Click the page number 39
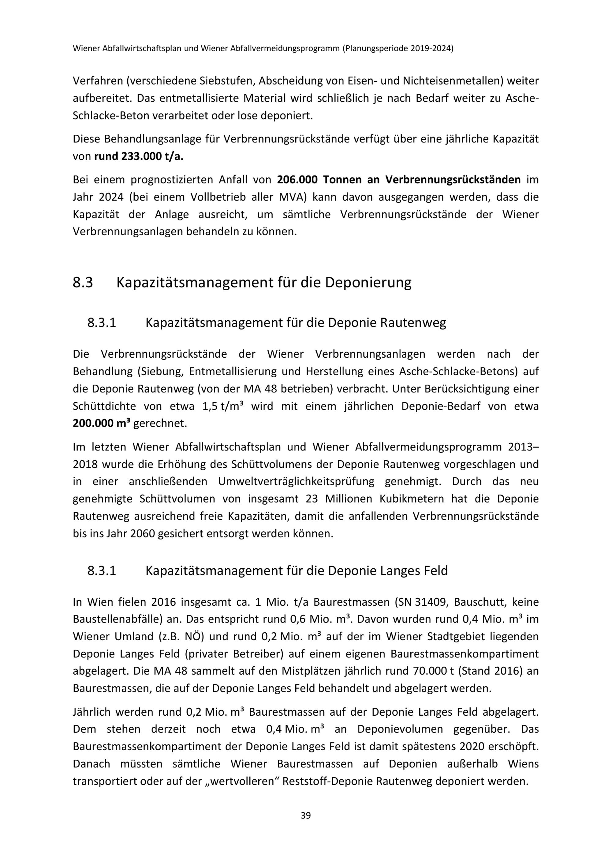click(x=306, y=815)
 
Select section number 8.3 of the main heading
click(x=83, y=283)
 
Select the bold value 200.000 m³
click(x=101, y=423)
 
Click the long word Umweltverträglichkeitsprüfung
click(x=296, y=482)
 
